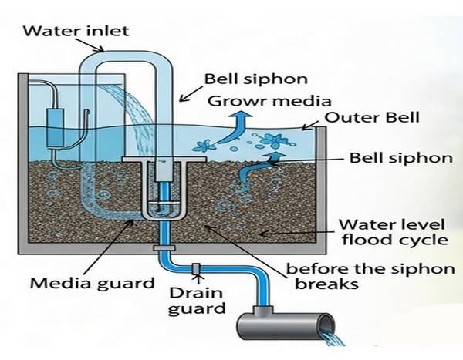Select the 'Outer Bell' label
[x=371, y=119]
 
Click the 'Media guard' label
[x=93, y=283]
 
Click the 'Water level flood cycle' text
[x=394, y=232]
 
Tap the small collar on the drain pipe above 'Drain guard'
[x=196, y=269]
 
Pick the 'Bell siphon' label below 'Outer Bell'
[x=390, y=158]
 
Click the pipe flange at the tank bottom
[x=163, y=248]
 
